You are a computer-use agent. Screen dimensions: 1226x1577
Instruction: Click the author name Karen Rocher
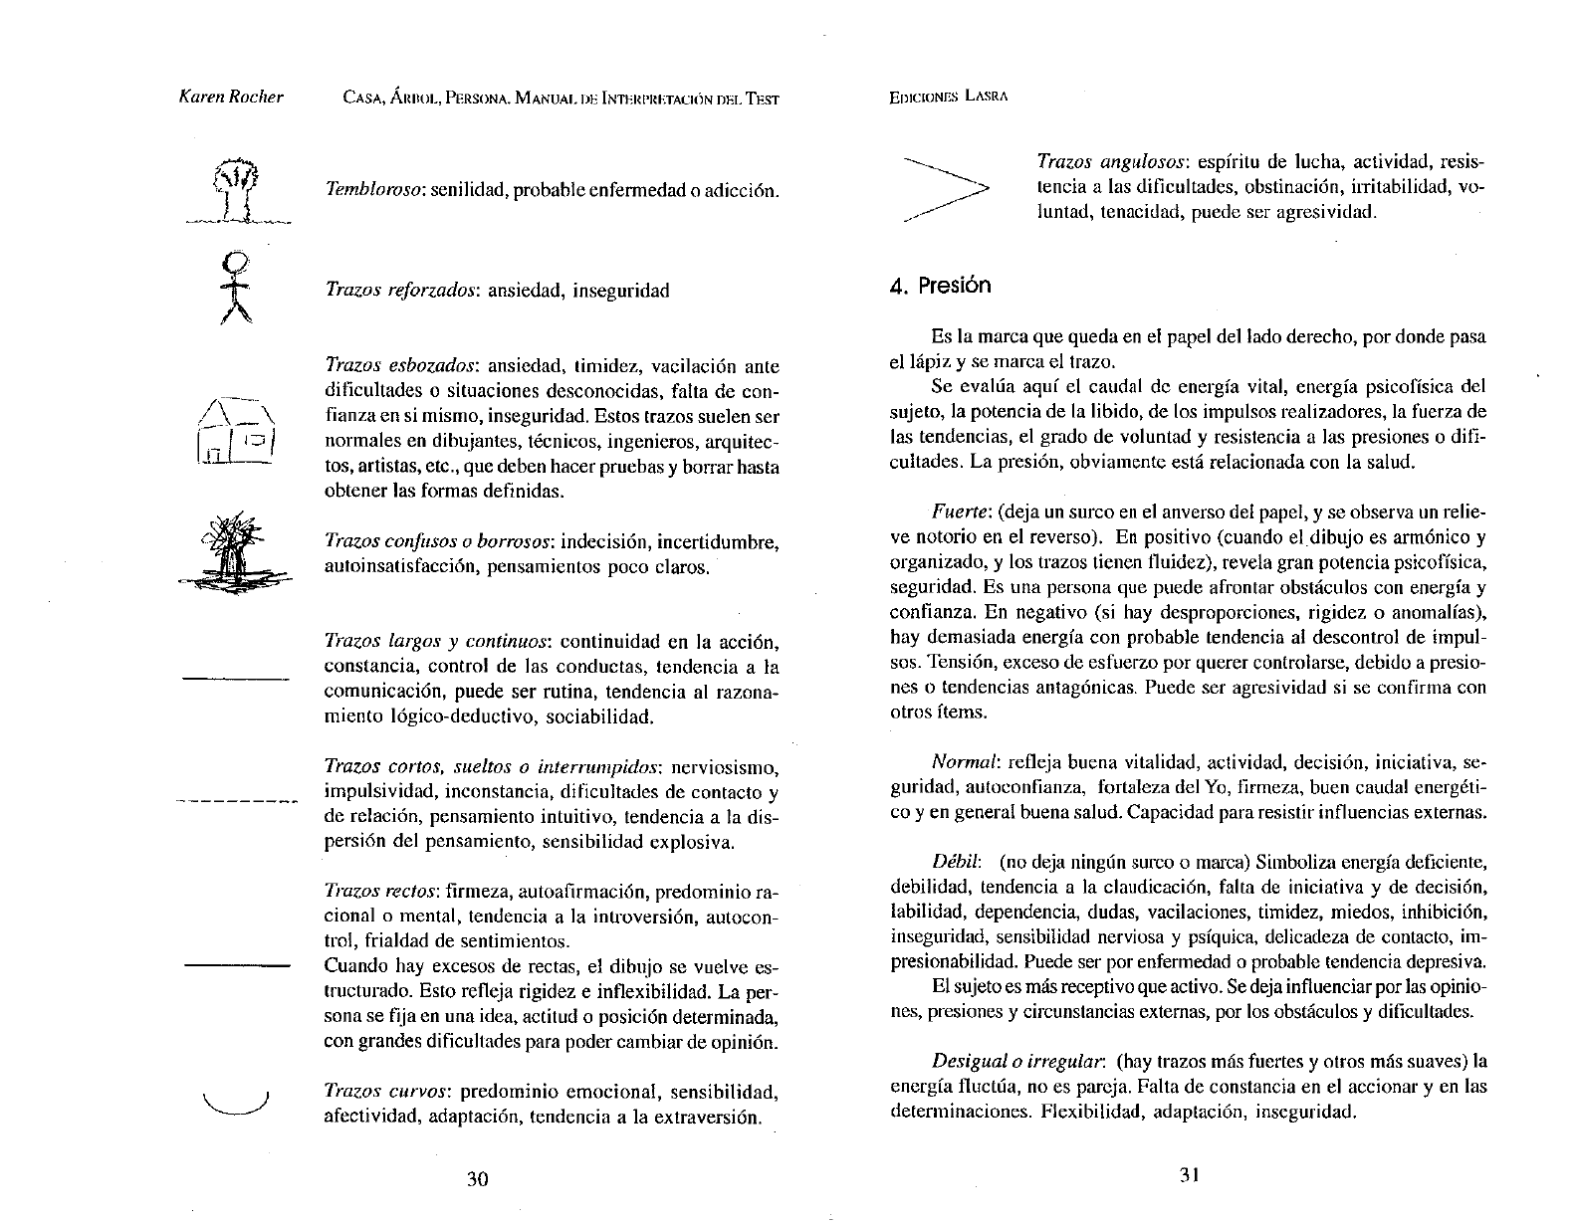[231, 98]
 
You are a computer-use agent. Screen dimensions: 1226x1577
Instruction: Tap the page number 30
[478, 1179]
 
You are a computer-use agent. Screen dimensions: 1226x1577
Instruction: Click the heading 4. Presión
[941, 286]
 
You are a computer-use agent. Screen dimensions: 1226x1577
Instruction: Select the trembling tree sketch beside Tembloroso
[235, 190]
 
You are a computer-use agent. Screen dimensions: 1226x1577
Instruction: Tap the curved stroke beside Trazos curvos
[236, 1104]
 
